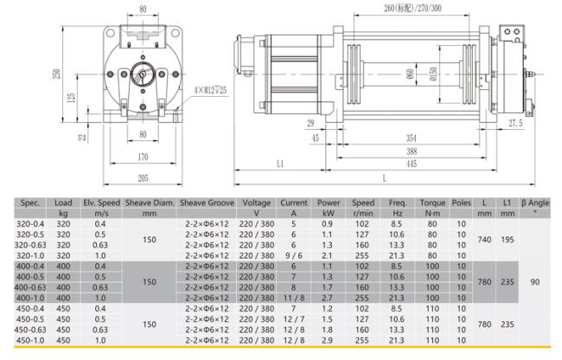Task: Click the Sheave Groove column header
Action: [x=207, y=202]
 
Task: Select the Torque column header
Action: [x=432, y=202]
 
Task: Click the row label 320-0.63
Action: [x=30, y=245]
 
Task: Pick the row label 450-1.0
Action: [x=30, y=340]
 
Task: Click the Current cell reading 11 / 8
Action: [x=294, y=298]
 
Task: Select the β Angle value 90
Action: [x=534, y=282]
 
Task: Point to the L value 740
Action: [x=484, y=240]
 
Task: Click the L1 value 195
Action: [x=508, y=240]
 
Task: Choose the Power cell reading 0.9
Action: [x=327, y=224]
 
